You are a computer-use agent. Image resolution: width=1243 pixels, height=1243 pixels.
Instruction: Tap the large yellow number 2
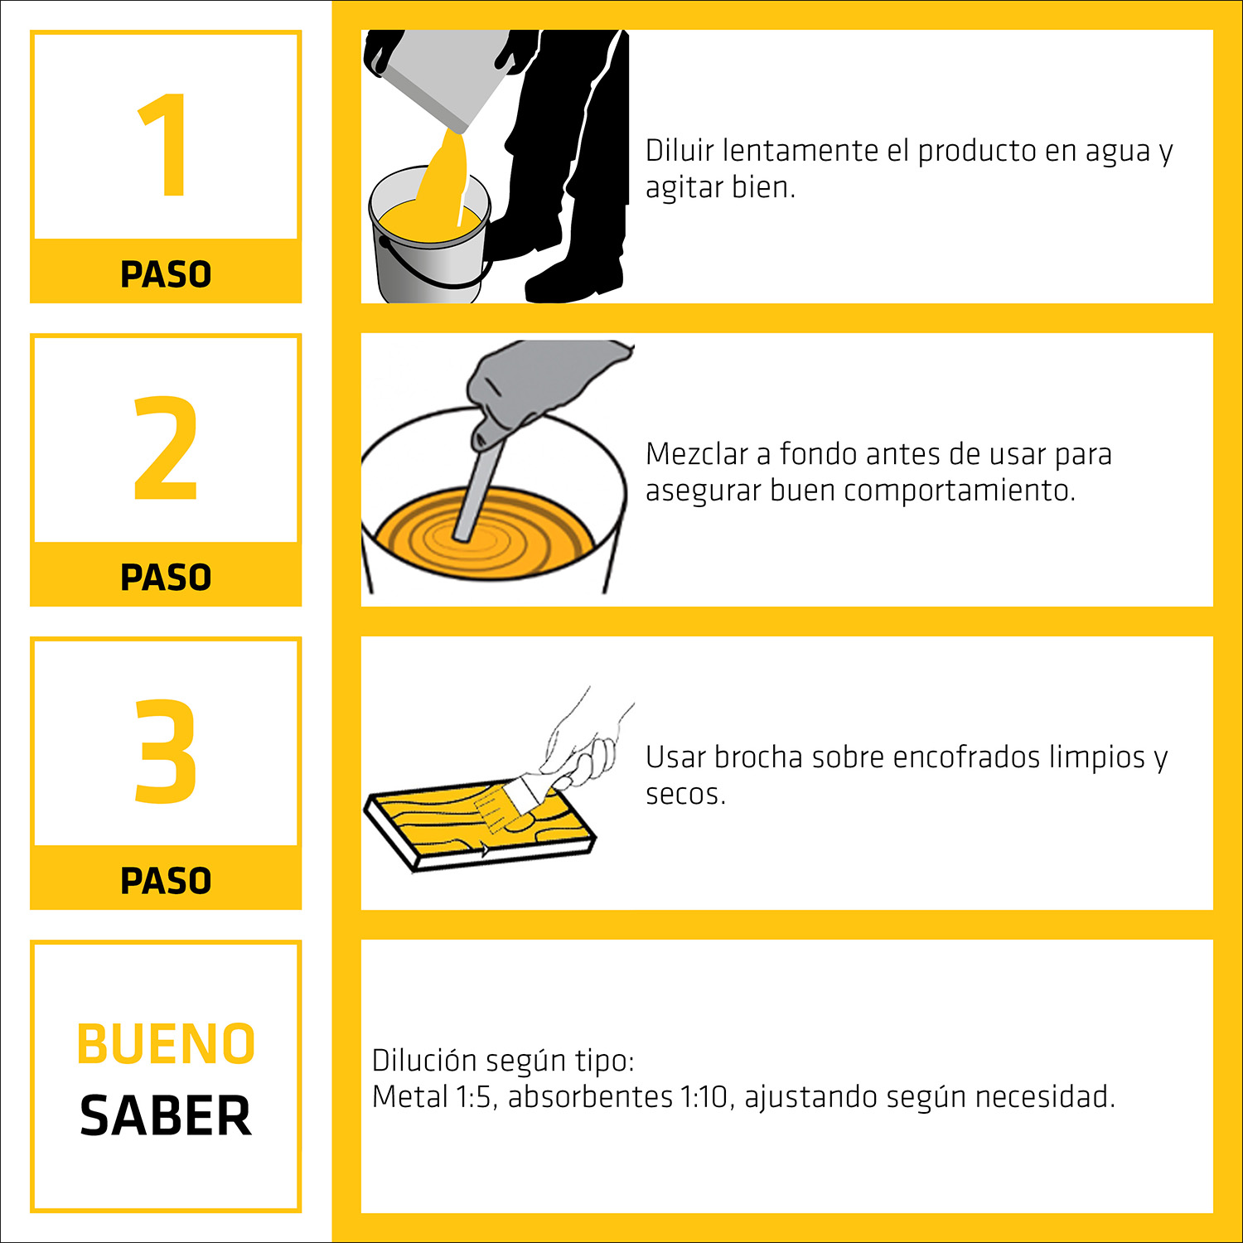[166, 448]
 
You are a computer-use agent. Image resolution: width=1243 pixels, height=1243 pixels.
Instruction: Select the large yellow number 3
[166, 751]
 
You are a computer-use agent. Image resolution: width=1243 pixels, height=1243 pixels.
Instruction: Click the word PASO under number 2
[166, 578]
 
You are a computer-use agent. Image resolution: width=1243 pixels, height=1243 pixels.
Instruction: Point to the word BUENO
[166, 1043]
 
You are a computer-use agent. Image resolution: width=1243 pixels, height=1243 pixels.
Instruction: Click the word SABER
[166, 1115]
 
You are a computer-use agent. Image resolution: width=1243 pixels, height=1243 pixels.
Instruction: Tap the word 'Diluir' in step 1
[680, 151]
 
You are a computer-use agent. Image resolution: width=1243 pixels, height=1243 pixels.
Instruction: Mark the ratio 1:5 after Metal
[475, 1097]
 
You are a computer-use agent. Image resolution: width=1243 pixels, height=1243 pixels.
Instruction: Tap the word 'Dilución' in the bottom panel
[423, 1061]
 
